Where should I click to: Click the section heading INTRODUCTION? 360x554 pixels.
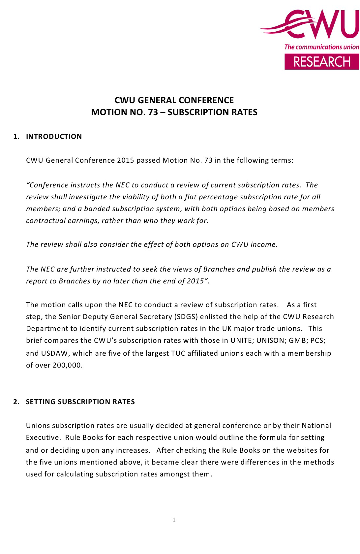tap(54, 137)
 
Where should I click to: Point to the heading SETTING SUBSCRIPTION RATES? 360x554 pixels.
tap(80, 402)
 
